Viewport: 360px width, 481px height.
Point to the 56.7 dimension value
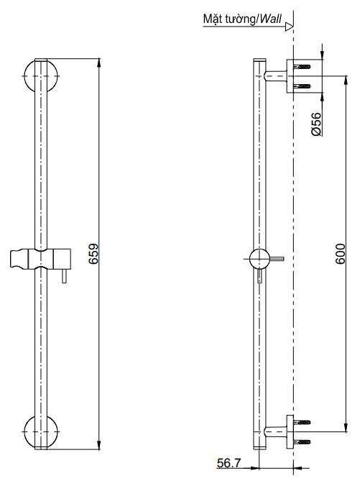coord(230,465)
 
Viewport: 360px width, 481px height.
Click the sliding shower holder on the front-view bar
coord(39,258)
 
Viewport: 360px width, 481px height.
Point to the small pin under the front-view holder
coord(63,278)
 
